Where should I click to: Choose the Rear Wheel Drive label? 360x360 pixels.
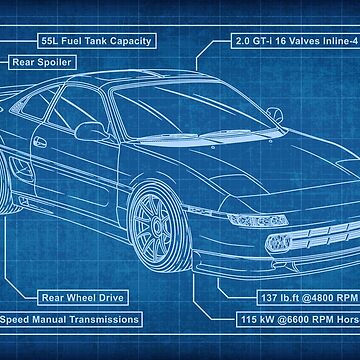(x=83, y=296)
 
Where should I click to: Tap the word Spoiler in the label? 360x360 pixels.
(x=52, y=62)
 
